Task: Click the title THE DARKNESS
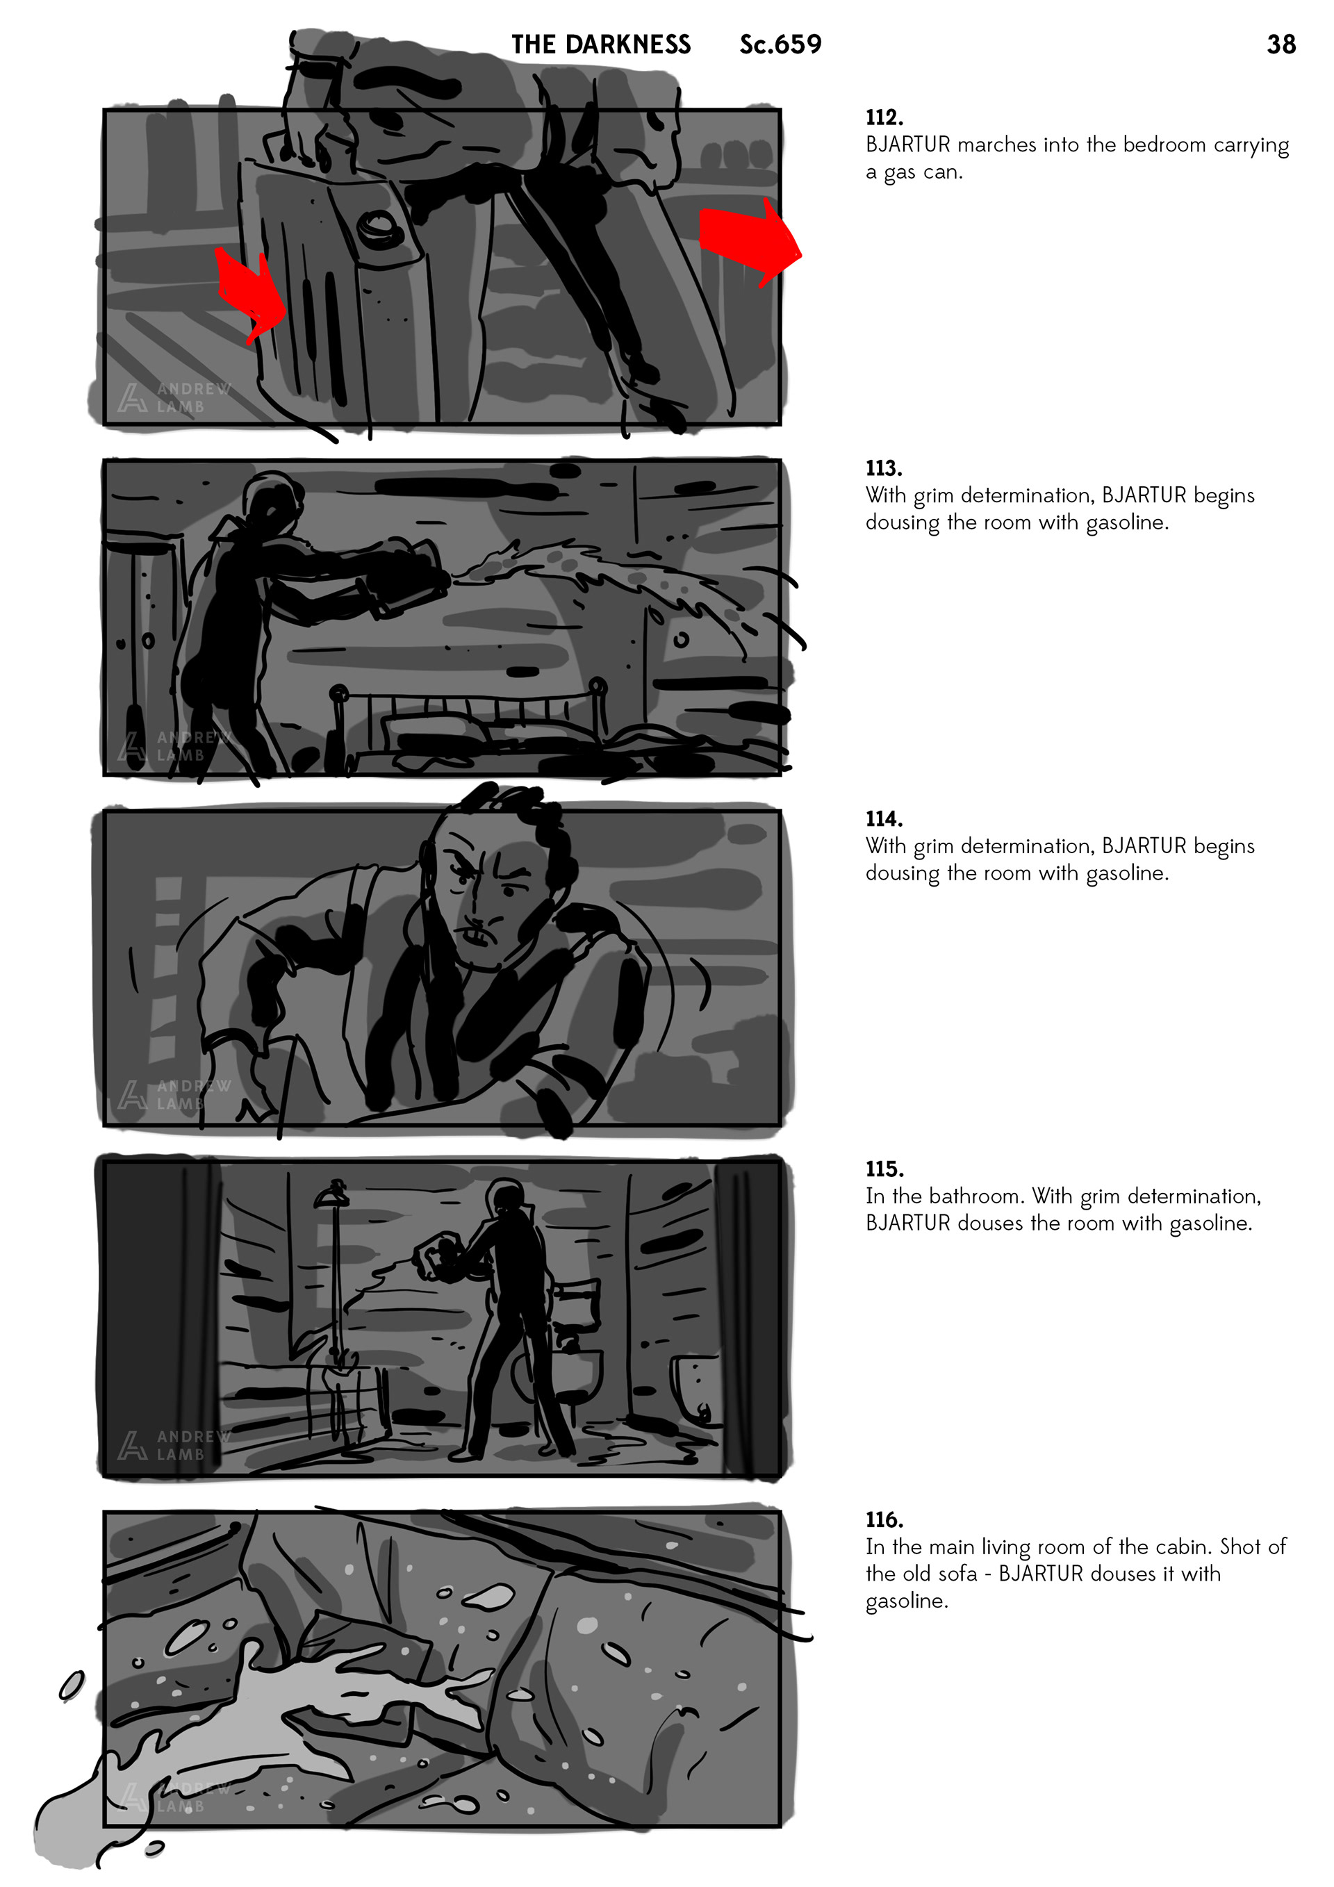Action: tap(601, 44)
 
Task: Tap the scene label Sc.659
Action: tap(780, 44)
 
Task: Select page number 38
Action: tap(1281, 44)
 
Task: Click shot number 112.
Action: tap(884, 117)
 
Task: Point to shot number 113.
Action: tap(884, 468)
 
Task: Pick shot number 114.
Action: tap(884, 819)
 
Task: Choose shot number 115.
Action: tap(884, 1169)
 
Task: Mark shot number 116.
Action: tap(884, 1519)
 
